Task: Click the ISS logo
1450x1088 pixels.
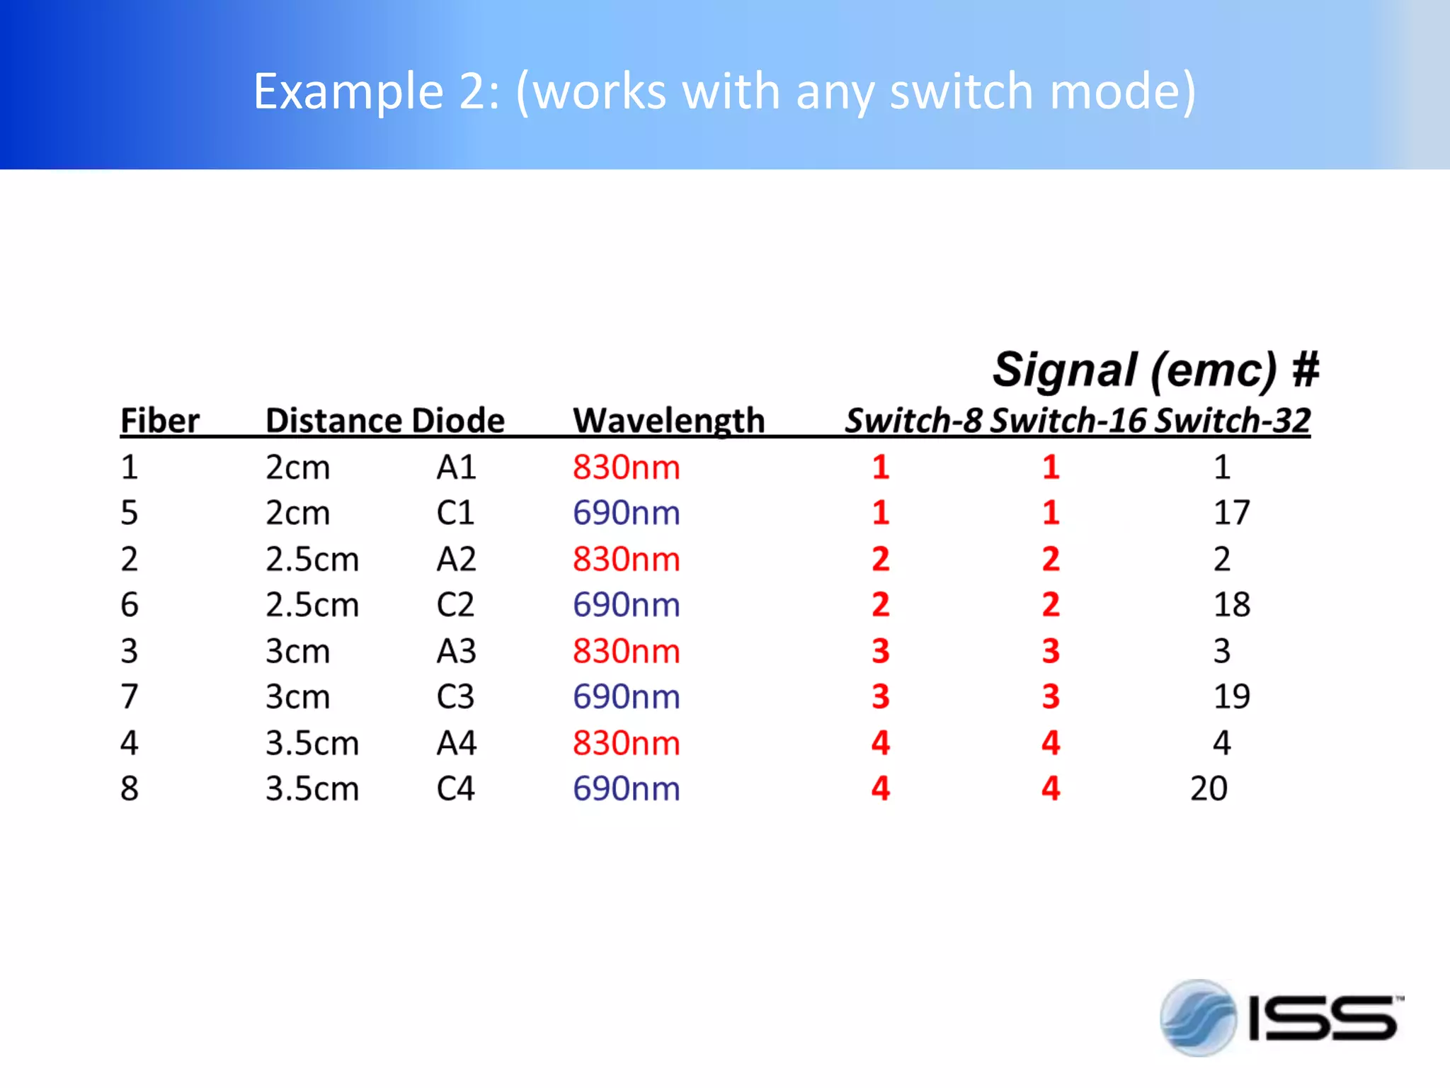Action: pos(1281,1018)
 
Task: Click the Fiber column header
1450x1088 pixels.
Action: pos(160,421)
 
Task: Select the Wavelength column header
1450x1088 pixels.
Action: pos(669,421)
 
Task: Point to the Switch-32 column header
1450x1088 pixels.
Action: pos(1233,421)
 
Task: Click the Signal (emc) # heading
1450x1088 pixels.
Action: pos(1155,370)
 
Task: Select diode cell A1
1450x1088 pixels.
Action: pos(457,467)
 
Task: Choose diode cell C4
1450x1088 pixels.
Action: pos(455,788)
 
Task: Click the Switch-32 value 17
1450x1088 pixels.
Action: pos(1232,513)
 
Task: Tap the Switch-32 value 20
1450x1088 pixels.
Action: pos(1209,788)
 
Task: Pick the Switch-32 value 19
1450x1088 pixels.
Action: pos(1232,696)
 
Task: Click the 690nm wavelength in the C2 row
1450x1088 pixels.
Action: pos(627,605)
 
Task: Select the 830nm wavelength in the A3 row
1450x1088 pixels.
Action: pos(627,651)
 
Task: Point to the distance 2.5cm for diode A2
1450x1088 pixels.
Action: pos(312,560)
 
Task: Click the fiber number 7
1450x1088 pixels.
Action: pos(129,696)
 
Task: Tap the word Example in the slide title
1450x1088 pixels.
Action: pos(348,91)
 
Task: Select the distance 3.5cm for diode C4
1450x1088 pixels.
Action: pos(312,788)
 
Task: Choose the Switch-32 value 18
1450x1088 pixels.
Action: pos(1232,605)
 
